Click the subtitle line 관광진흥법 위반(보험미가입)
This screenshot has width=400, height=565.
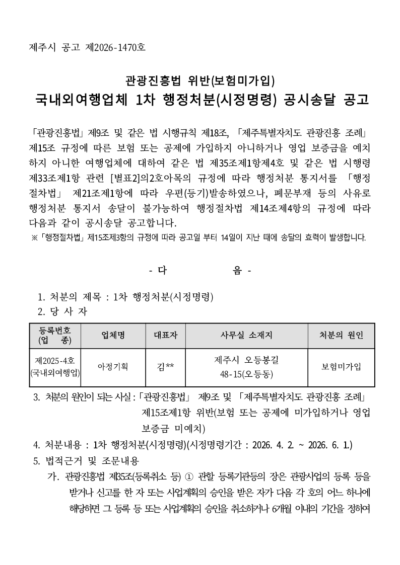[x=199, y=79]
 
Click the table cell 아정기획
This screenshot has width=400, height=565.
[x=113, y=367]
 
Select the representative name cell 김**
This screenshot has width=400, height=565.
[x=166, y=367]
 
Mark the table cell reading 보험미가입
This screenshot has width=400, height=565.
[x=341, y=367]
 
